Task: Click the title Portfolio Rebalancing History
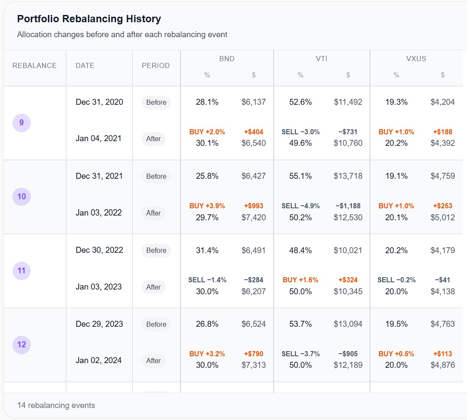89,19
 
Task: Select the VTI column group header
322,59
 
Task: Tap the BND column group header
227,59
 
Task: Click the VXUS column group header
416,59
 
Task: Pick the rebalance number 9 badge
21,123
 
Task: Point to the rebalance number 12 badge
21,345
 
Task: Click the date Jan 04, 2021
99,138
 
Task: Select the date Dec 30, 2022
99,250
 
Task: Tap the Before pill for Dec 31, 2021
156,176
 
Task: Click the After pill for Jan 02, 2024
154,361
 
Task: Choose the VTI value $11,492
348,102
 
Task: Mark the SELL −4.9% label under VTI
300,206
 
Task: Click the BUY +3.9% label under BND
207,206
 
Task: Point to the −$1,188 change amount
348,206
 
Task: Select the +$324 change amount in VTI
348,280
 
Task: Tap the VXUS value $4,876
442,365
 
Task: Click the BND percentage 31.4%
207,250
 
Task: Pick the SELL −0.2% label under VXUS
396,280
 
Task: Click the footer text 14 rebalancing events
56,405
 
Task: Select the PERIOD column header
156,65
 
